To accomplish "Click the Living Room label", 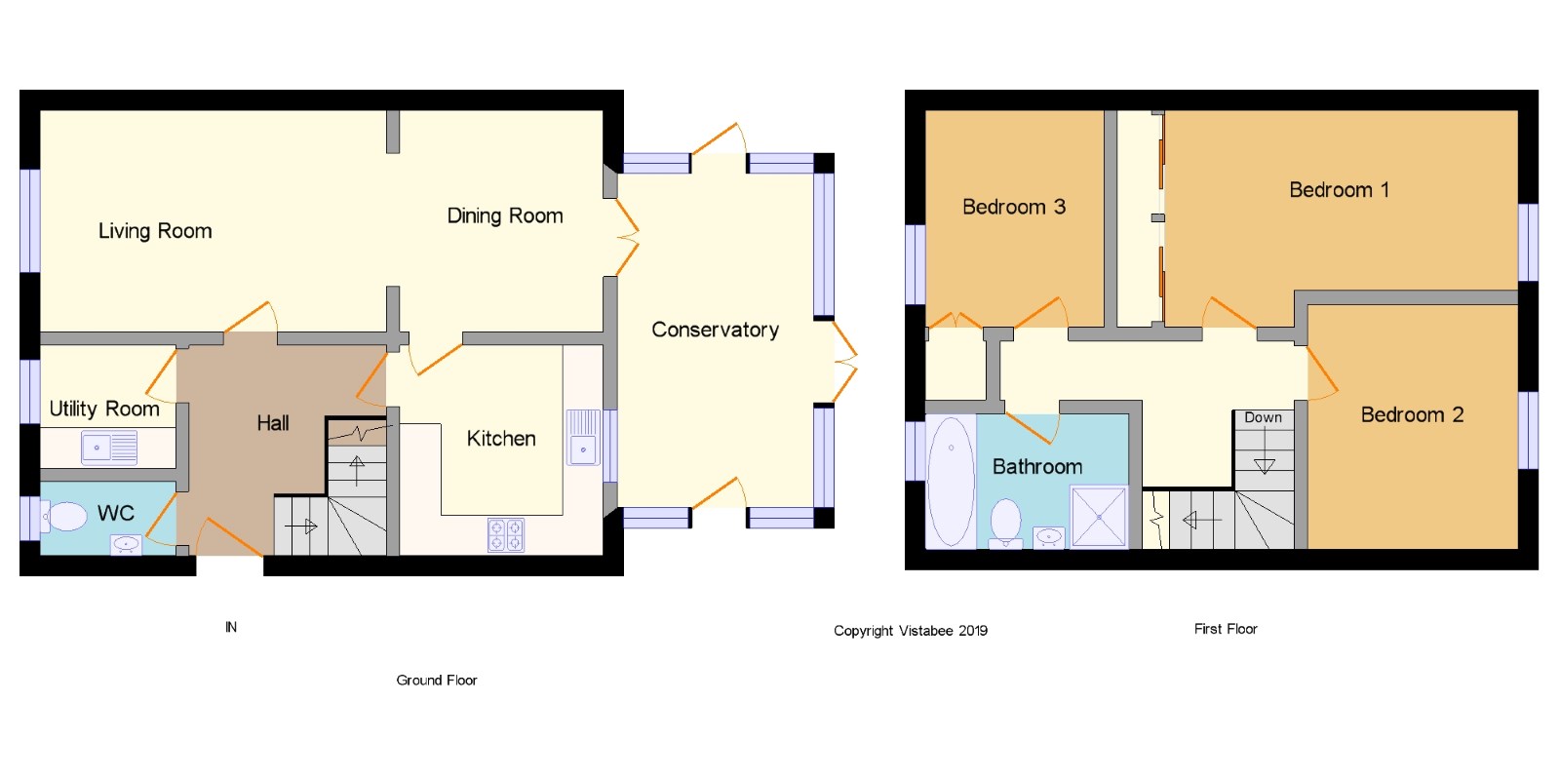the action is (155, 230).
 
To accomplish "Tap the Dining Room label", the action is (505, 215).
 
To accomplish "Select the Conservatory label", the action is (716, 330).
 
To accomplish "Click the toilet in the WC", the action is (63, 517).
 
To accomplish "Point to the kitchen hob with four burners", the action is (506, 535).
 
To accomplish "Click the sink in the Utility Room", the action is (109, 448).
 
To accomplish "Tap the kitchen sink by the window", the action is (584, 438).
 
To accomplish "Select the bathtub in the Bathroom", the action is (951, 482).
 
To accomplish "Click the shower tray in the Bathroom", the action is (1099, 517).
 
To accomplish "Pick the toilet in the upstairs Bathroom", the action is (1005, 524).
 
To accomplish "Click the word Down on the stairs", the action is (1264, 417).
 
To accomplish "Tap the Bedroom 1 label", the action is (1340, 189).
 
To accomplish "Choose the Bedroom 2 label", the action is (1413, 415).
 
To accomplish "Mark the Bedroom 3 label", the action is (1014, 207).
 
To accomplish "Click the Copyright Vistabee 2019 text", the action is (911, 631).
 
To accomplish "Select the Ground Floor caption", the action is (437, 681).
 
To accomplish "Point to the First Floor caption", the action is (1226, 629).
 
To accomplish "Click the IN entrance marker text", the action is (231, 628).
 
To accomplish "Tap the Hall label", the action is (273, 423).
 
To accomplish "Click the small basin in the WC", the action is (126, 545).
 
